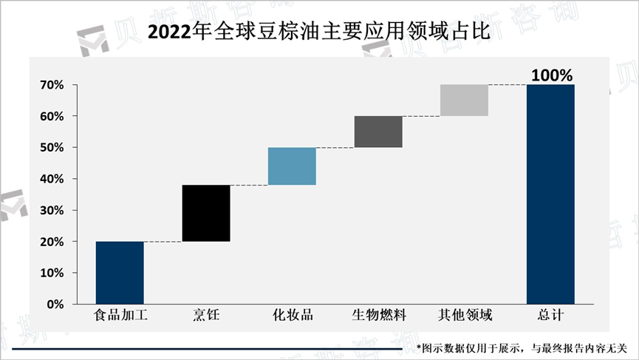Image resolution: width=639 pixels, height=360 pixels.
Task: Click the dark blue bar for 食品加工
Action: point(120,273)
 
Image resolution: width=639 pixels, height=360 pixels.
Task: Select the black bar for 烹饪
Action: point(206,213)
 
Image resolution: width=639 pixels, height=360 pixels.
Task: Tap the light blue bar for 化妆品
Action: point(292,166)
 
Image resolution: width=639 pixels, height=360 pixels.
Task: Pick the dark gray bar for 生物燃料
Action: point(378,132)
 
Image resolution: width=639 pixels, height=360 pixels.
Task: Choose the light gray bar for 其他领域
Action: point(464,101)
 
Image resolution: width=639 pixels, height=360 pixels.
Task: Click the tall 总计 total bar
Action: point(550,194)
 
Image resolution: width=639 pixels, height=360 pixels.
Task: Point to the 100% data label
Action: point(552,75)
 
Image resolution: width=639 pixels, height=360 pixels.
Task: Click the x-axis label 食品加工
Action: point(120,316)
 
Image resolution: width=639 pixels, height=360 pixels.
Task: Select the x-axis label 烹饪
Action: point(206,316)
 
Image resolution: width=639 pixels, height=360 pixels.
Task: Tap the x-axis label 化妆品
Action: point(293,316)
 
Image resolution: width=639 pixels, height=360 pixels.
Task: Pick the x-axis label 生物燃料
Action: point(378,316)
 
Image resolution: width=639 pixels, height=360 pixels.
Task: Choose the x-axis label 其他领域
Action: point(465,316)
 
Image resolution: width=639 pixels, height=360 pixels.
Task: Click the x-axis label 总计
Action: point(550,316)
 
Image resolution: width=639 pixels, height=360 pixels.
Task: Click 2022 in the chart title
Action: point(169,33)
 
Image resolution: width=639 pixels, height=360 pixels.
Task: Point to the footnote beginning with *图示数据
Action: point(522,347)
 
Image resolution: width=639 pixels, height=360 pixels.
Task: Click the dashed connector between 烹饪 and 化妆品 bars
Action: point(249,186)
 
